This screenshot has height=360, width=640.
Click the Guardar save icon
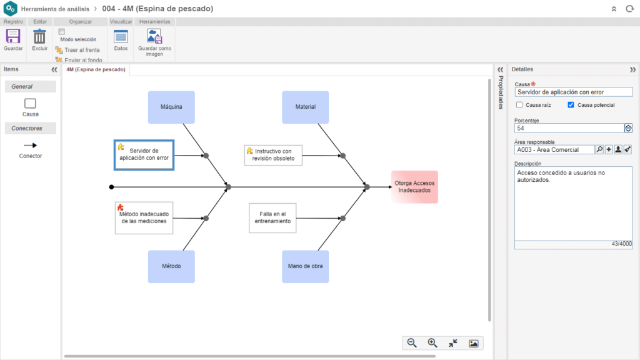[x=13, y=37]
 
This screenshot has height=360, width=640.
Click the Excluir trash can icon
[x=39, y=37]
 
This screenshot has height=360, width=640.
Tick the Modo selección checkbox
[x=62, y=31]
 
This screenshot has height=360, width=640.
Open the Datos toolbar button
[x=121, y=37]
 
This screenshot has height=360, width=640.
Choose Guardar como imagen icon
[x=154, y=37]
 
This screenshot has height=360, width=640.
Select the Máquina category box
[x=171, y=107]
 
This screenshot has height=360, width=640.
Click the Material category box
[x=305, y=107]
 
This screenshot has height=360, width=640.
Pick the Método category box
[x=171, y=266]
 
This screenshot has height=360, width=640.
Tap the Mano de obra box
[x=305, y=266]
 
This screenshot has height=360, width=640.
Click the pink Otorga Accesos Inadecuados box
[x=415, y=187]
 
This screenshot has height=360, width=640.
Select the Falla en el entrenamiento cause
[x=272, y=218]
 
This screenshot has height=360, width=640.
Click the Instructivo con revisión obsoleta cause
[x=274, y=155]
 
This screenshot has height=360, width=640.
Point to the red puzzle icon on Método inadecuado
[x=121, y=207]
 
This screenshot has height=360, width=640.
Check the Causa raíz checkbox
[x=519, y=105]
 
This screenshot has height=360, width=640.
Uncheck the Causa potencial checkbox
[x=571, y=105]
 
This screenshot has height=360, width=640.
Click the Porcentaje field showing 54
[x=569, y=128]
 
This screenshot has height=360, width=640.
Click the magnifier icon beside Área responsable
[x=599, y=150]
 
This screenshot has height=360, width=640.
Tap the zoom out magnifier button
[x=412, y=343]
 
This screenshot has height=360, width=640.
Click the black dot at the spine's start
[x=111, y=187]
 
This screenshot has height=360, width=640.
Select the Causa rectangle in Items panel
[x=30, y=103]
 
